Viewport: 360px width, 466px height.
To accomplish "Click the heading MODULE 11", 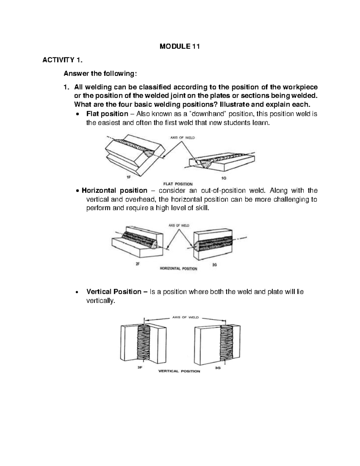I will point(179,47).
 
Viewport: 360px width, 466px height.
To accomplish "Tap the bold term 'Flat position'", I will point(107,114).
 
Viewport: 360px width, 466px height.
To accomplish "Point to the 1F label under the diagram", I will point(129,177).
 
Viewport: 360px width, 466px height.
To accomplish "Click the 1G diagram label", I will point(224,178).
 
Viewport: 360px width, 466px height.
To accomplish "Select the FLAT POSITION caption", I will point(178,184).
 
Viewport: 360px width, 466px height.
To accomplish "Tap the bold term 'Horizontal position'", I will point(115,191).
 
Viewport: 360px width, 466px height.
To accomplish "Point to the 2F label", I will point(138,264).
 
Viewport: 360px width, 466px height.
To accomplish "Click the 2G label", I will point(214,265).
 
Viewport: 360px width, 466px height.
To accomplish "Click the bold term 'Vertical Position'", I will point(114,292).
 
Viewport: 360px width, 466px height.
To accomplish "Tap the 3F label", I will point(139,368).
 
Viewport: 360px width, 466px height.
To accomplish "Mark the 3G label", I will point(218,368).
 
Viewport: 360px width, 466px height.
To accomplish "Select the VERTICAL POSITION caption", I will point(179,371).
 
